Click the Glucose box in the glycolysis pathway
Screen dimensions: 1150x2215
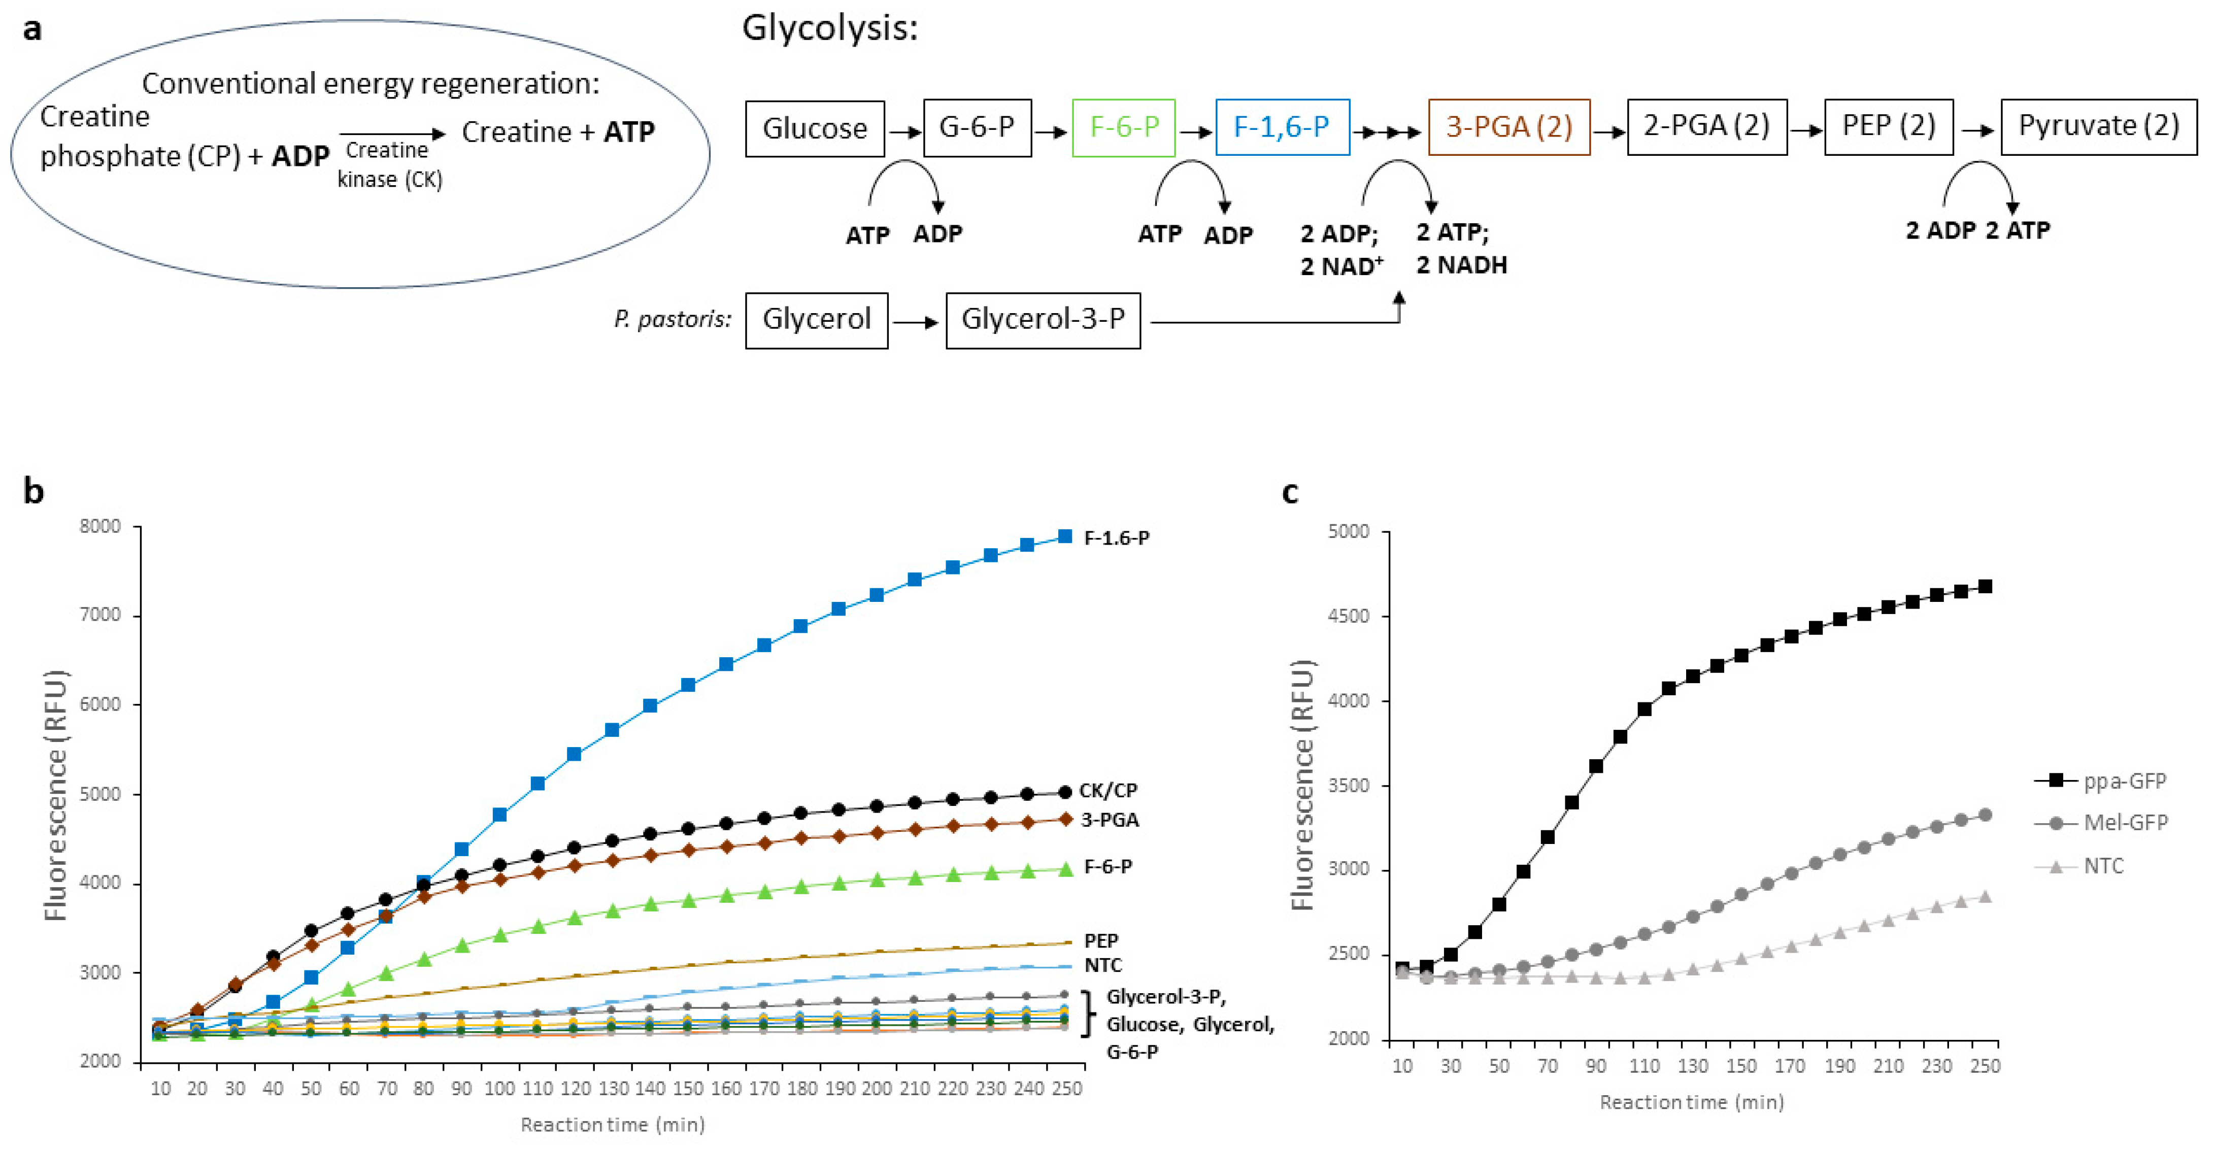click(x=814, y=129)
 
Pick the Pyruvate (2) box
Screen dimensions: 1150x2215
click(x=2098, y=126)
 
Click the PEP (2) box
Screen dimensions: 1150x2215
click(x=1888, y=126)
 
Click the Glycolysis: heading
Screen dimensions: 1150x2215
click(x=830, y=28)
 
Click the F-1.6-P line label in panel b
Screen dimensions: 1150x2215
click(x=1116, y=538)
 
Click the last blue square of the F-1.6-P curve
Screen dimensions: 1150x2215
click(x=1064, y=536)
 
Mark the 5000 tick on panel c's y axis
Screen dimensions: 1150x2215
click(x=1348, y=532)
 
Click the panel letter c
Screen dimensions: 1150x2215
click(x=1290, y=492)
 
